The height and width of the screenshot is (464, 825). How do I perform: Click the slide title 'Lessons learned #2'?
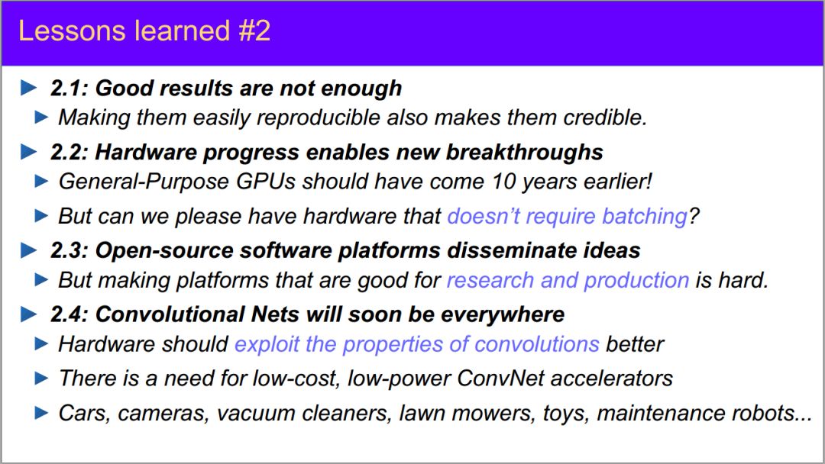click(x=144, y=31)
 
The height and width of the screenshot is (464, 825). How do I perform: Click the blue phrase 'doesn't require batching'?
click(x=567, y=216)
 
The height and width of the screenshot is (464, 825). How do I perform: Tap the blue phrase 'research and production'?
click(x=568, y=280)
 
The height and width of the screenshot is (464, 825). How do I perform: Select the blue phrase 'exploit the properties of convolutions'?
click(x=417, y=345)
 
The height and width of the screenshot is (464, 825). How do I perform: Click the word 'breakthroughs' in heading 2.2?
click(x=524, y=152)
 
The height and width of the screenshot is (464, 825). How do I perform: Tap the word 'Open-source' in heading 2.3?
click(x=164, y=250)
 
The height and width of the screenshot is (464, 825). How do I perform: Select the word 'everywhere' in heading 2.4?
click(x=503, y=314)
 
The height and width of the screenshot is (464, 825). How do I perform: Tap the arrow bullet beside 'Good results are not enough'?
click(x=28, y=88)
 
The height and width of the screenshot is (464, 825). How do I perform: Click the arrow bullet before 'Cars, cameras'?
click(x=41, y=413)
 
